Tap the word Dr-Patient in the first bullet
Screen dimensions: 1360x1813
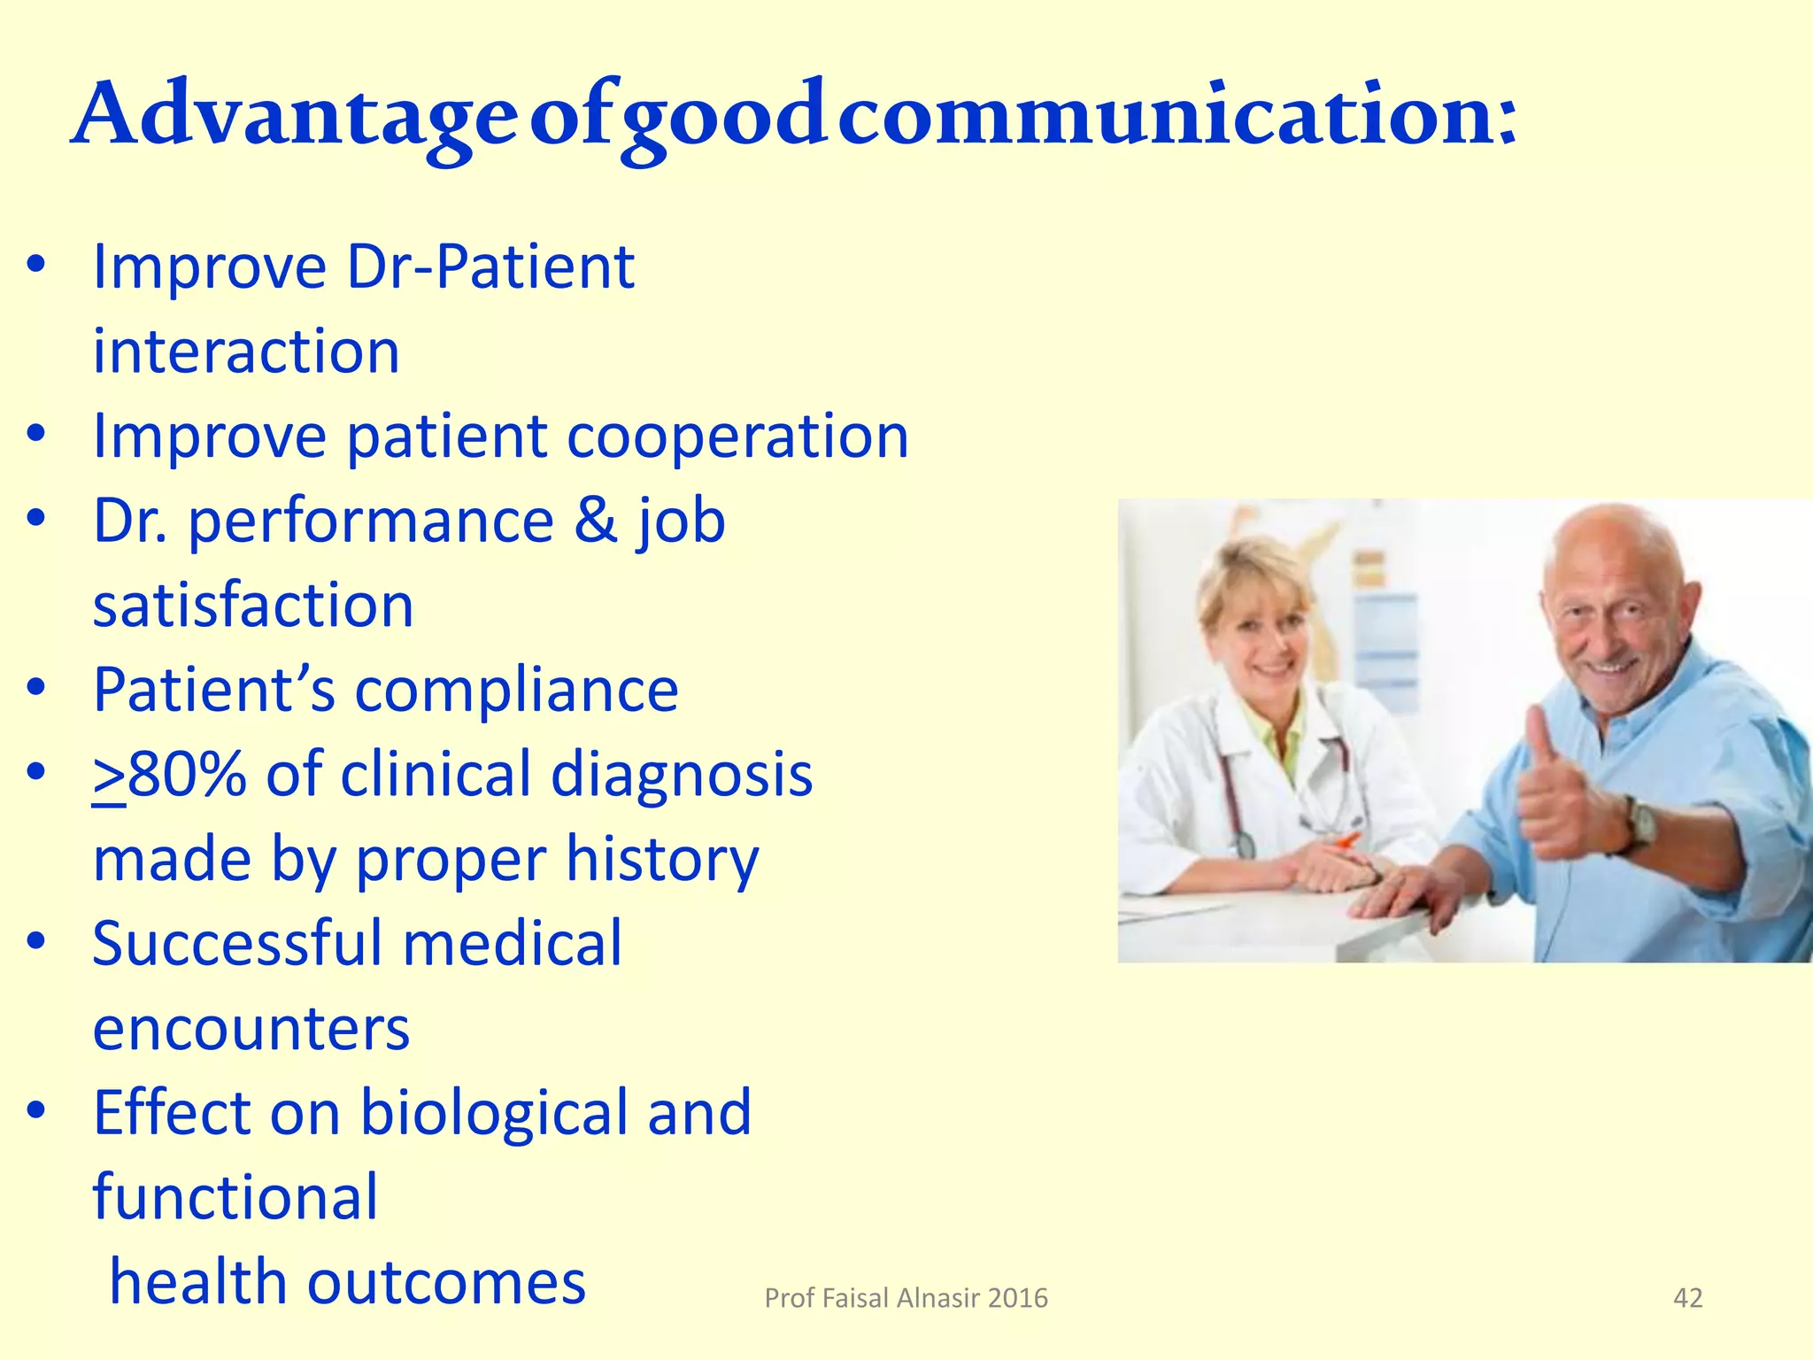pos(490,267)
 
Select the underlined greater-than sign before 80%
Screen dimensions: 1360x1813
pos(109,776)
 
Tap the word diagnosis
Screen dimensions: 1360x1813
pos(682,775)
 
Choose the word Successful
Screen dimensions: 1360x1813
pos(237,944)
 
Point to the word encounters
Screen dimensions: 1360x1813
pos(251,1029)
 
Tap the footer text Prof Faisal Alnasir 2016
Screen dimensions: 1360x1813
pos(906,1298)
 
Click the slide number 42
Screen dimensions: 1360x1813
pos(1687,1298)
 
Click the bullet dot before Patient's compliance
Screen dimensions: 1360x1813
pos(35,688)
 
